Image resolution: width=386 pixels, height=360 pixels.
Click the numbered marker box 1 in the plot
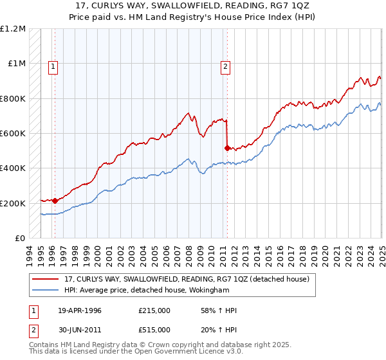(52, 65)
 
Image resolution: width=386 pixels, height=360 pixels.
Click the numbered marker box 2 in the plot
(226, 65)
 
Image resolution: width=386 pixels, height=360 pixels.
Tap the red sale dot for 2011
(227, 148)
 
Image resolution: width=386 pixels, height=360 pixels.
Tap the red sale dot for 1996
(55, 200)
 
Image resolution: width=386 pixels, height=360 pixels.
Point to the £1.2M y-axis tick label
(13, 29)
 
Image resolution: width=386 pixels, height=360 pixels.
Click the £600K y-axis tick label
(13, 134)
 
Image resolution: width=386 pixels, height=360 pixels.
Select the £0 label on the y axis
(20, 239)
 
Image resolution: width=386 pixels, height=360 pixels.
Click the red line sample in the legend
(46, 279)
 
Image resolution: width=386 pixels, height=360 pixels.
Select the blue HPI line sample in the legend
(46, 290)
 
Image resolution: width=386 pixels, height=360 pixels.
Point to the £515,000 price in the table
(154, 330)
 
